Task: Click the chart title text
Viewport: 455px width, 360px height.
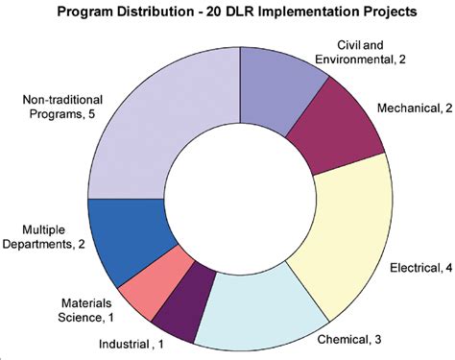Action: (228, 13)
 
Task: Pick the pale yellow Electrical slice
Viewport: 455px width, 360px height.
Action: (346, 221)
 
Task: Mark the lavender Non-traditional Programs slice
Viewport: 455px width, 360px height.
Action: (163, 125)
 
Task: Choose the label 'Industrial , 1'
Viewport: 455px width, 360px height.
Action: (131, 343)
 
